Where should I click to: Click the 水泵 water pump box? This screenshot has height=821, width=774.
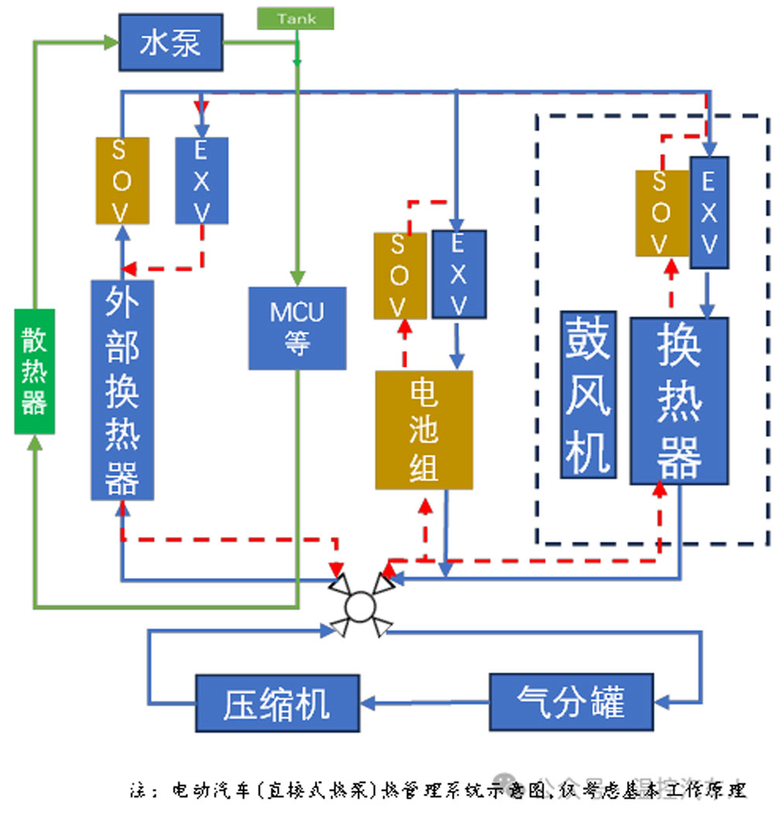pos(170,43)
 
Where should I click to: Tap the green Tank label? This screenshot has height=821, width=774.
pos(296,19)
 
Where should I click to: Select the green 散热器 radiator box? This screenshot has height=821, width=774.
pos(34,370)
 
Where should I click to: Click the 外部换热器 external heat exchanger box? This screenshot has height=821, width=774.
pos(122,389)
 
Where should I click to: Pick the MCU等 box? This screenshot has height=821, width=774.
pos(296,328)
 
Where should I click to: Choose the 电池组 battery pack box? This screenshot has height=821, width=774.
pos(423,429)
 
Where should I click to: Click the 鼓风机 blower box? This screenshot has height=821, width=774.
pos(588,394)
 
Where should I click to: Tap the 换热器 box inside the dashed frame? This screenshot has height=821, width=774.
pos(679,400)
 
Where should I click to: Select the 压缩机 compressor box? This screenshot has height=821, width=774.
pos(277,703)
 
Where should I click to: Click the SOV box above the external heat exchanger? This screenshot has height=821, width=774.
pos(122,180)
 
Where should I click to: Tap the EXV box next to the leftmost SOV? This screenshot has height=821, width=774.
pos(201,180)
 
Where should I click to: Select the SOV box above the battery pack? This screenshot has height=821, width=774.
pos(399,275)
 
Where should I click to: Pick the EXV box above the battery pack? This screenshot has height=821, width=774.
pos(459,274)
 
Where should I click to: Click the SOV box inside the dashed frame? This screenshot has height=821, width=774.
pos(662,213)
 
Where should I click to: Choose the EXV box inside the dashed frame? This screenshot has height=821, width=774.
pos(708,213)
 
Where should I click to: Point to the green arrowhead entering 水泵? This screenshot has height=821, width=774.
pos(111,43)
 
